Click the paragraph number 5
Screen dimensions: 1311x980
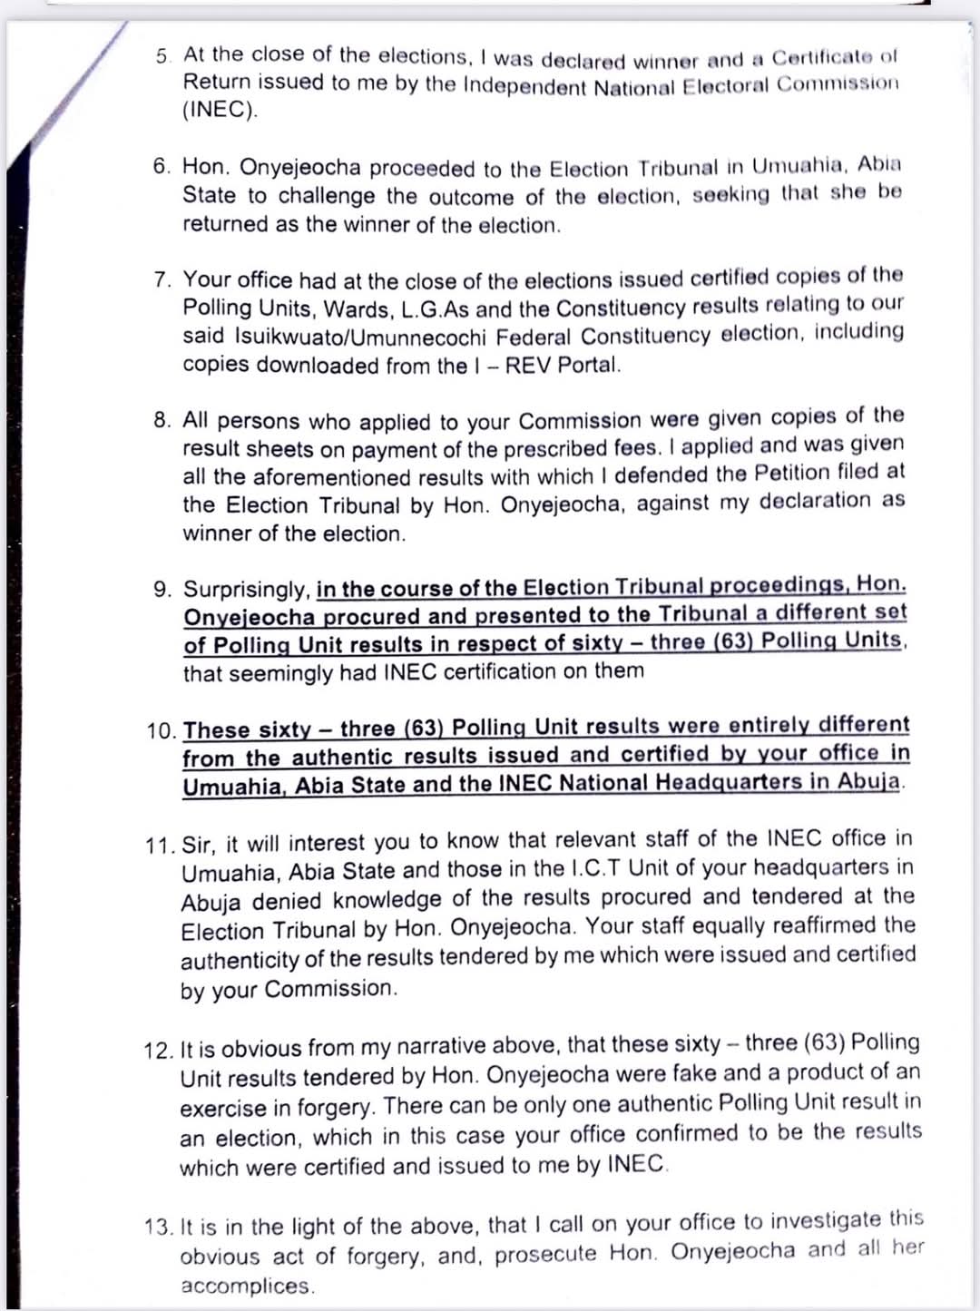pos(162,56)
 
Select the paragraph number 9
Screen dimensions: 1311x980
pos(162,590)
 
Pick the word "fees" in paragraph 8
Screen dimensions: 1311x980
pos(634,447)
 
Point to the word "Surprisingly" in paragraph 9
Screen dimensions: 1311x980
pos(247,590)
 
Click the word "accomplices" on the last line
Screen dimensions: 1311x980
pos(245,1286)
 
